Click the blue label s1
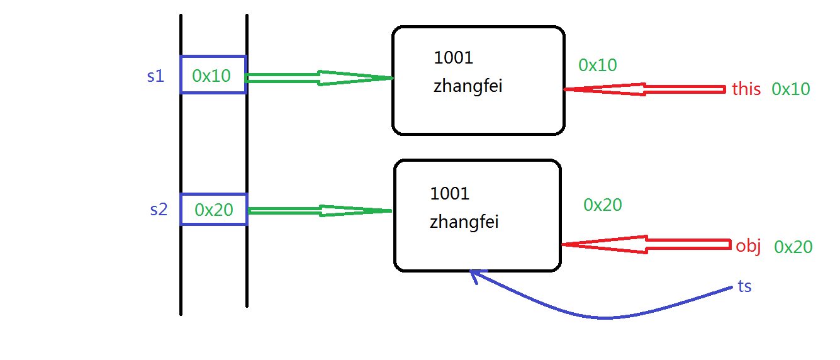(x=155, y=77)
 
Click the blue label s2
(x=159, y=210)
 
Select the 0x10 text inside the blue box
(x=211, y=76)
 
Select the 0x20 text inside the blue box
(x=214, y=210)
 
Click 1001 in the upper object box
(x=453, y=58)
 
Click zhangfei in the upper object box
(x=468, y=87)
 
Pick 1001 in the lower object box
(x=449, y=193)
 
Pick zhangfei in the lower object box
(x=464, y=222)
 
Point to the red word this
(x=746, y=89)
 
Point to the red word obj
(x=748, y=247)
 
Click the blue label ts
(x=744, y=286)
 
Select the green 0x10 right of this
(x=791, y=89)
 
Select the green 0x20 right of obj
(x=793, y=247)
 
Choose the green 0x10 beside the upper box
(x=598, y=65)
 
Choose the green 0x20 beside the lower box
(x=603, y=205)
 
